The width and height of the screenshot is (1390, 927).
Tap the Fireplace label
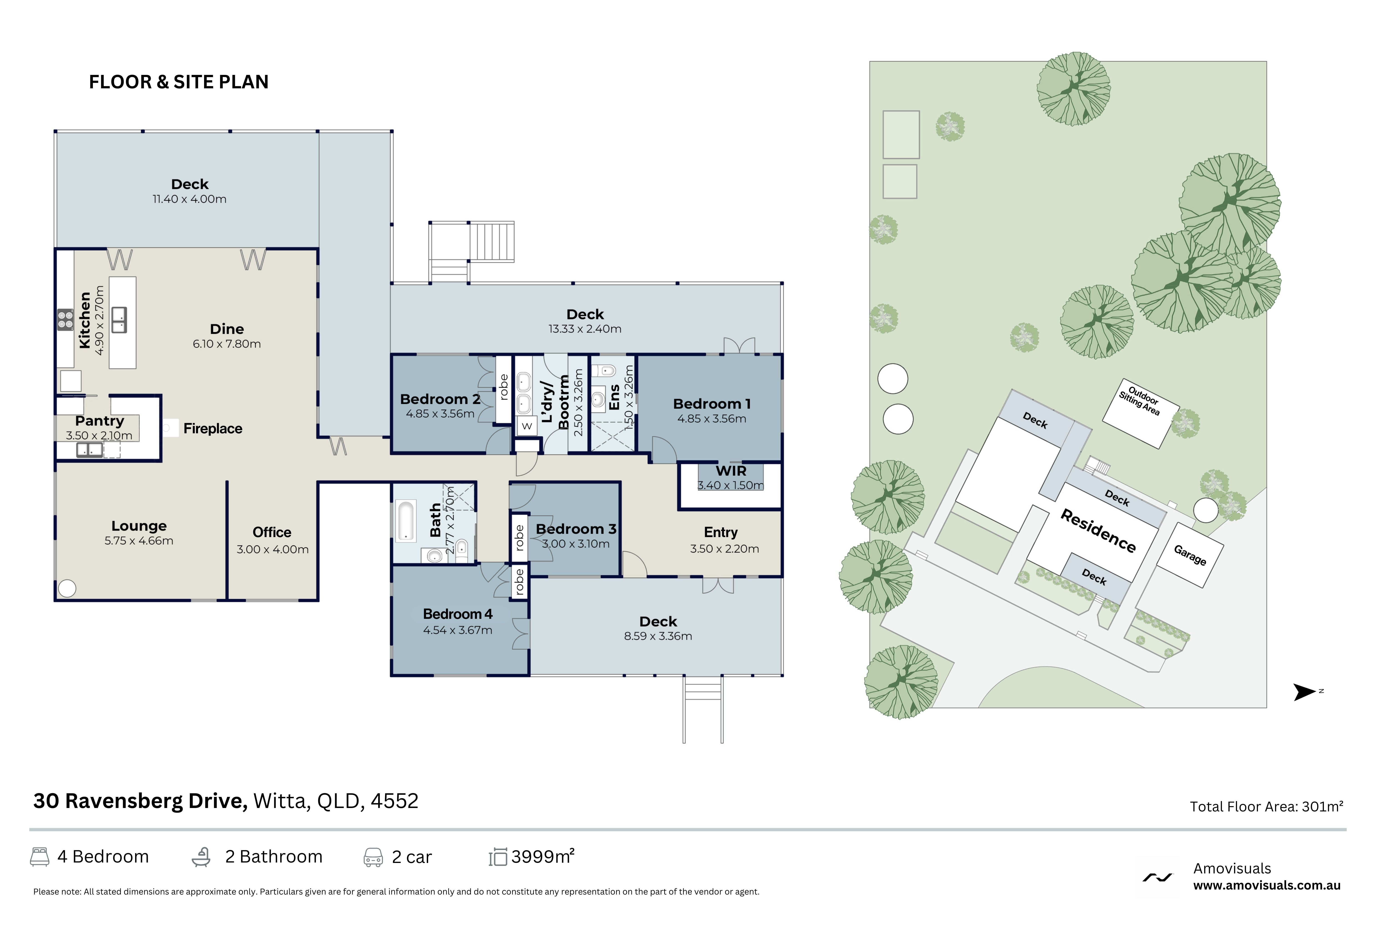(213, 429)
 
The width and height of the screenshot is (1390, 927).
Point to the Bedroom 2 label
(440, 399)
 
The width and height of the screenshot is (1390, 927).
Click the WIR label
(731, 471)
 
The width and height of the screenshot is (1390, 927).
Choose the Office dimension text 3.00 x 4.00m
(272, 549)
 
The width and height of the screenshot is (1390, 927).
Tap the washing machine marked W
(527, 426)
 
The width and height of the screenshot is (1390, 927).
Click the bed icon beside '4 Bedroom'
(40, 857)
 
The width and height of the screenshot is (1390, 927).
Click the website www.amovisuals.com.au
(1267, 886)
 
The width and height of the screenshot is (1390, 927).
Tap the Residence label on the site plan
(1098, 531)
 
